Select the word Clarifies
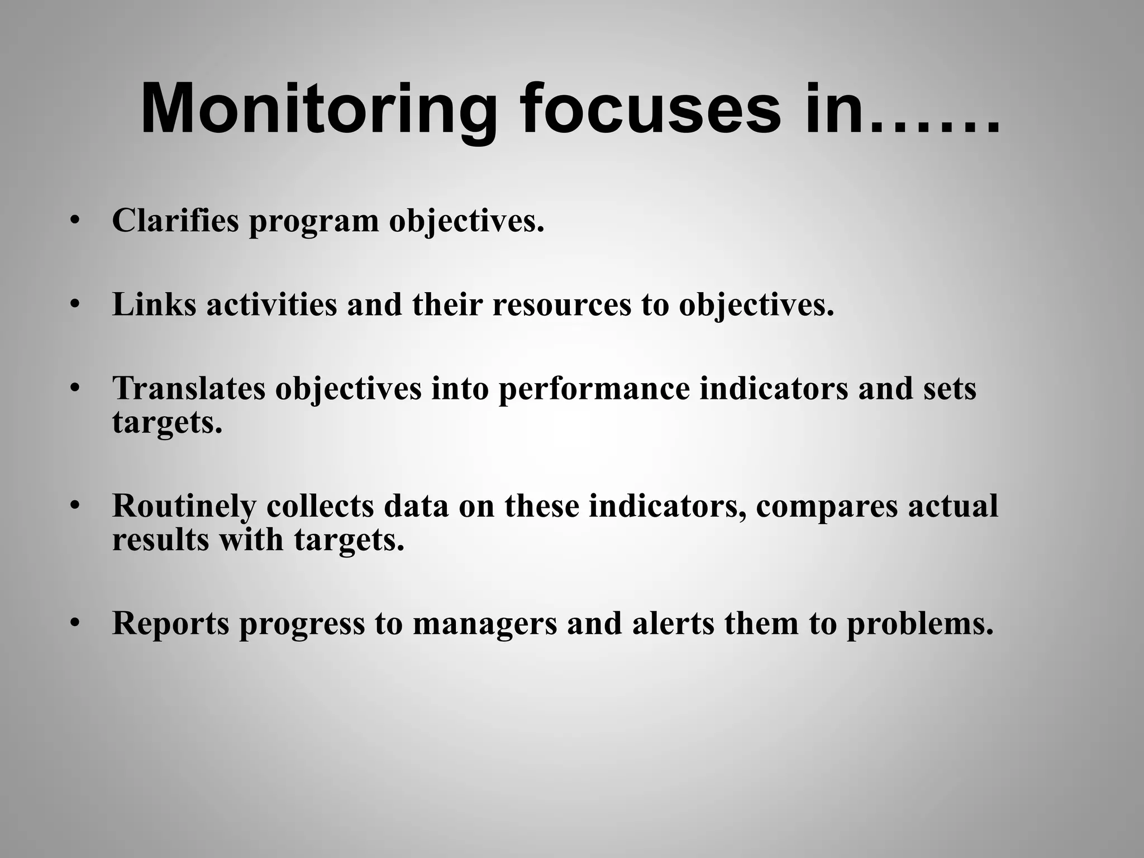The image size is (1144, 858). click(x=175, y=220)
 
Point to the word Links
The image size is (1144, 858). click(x=154, y=305)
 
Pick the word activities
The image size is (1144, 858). click(x=271, y=305)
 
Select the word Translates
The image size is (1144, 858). click(x=189, y=389)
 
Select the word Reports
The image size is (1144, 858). click(x=171, y=624)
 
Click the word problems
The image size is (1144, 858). click(x=920, y=624)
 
